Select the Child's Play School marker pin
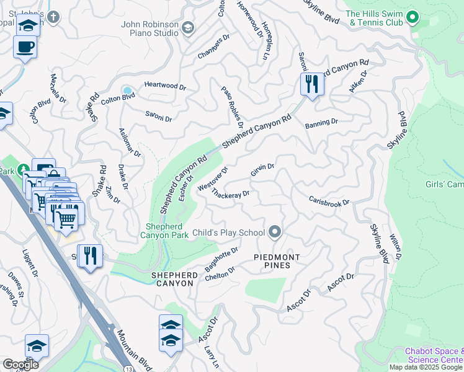coord(275,233)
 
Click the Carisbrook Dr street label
coord(329,201)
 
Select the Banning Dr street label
coord(321,124)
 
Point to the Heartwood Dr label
coord(165,86)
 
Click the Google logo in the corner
coord(20,364)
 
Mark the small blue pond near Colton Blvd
coord(127,89)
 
